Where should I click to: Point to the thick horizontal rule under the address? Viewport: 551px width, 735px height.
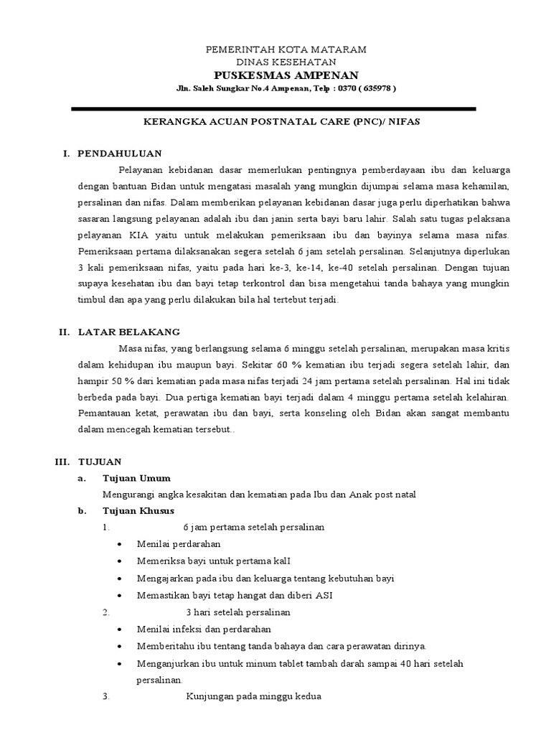[273, 108]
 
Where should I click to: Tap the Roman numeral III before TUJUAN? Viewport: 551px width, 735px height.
[61, 462]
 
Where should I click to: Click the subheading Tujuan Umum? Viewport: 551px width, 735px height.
[137, 478]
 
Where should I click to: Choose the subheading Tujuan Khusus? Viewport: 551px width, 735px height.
[139, 510]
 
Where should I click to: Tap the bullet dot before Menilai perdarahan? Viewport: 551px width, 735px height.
[118, 544]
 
